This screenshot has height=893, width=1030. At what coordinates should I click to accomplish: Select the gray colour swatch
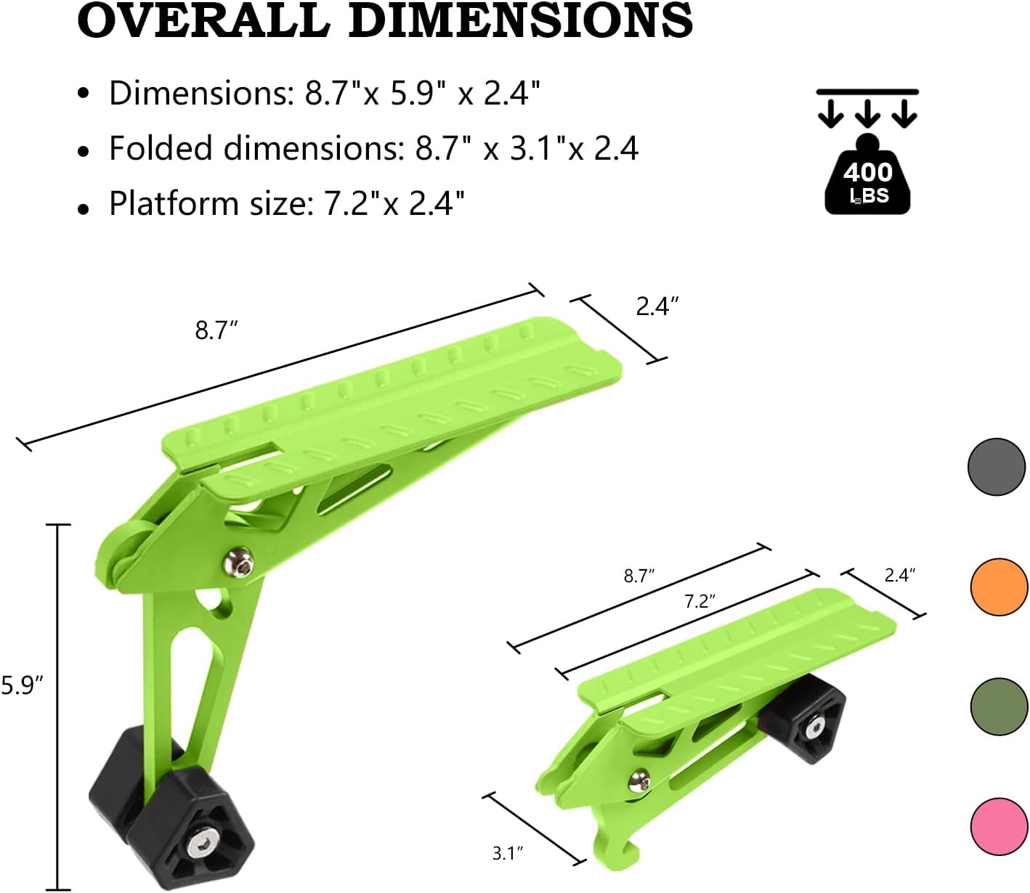pos(997,467)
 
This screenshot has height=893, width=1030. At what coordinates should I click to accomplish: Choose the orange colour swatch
pos(999,587)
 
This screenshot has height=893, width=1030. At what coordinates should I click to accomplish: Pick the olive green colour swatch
pos(999,706)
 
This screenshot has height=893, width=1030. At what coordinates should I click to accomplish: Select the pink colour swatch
pos(999,826)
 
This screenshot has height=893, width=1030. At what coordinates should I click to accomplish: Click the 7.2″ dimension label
pos(699,601)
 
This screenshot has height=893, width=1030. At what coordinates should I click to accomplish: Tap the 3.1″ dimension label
pos(508,852)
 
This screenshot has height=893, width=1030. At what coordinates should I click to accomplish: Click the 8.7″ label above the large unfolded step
pos(216,330)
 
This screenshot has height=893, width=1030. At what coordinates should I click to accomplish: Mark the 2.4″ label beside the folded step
pos(899,575)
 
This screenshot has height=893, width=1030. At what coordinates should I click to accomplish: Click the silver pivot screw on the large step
pos(239,562)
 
